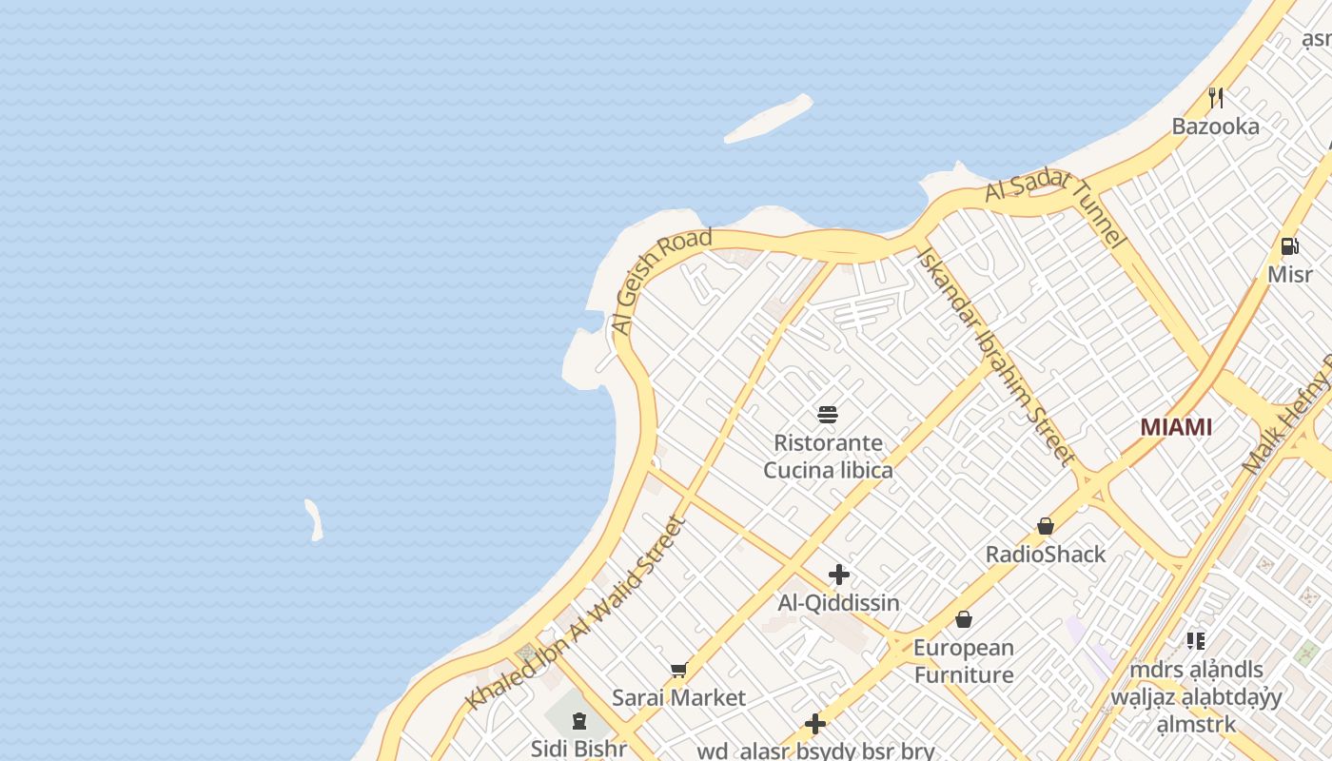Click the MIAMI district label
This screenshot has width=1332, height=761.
coord(1176,427)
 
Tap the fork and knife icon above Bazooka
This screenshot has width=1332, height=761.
coord(1215,97)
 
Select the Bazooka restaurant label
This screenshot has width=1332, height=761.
coord(1215,127)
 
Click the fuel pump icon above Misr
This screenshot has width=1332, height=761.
coord(1289,246)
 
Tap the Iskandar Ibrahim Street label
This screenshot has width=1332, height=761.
coord(994,357)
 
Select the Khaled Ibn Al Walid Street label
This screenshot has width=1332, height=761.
coord(576,614)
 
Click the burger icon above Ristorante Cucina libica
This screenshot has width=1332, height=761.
coord(828,415)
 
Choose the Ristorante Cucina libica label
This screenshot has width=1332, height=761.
coord(828,457)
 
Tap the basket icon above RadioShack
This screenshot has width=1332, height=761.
coord(1046,526)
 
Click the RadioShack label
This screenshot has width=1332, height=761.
coord(1046,555)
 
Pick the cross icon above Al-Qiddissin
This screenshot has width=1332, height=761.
coord(838,575)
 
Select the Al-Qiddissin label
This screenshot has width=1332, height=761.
coord(838,603)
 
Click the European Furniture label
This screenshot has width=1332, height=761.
coord(964,661)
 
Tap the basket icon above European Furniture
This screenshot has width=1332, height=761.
coord(964,620)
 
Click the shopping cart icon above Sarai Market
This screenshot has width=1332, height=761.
coord(678,671)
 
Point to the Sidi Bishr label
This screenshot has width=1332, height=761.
coord(578,749)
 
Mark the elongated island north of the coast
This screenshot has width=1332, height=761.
coord(769,119)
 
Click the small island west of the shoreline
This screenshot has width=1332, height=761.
coord(314,520)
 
